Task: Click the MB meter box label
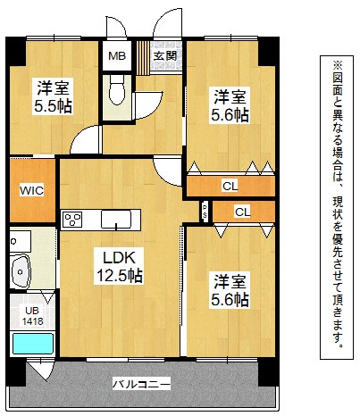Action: (117, 55)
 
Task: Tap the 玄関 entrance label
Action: (165, 55)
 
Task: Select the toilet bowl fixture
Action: (116, 89)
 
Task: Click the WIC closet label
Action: (32, 190)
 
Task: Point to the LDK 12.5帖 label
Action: (119, 267)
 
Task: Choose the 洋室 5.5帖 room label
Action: (53, 96)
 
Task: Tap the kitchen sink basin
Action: (116, 220)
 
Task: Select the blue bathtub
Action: (33, 344)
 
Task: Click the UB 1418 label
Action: (32, 316)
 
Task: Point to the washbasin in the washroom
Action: (21, 270)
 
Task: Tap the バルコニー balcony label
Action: (141, 384)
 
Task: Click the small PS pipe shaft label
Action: (205, 212)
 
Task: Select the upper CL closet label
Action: (230, 187)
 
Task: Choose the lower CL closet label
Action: (243, 212)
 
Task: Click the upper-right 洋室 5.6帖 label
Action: (230, 105)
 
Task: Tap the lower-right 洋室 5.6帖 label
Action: (230, 291)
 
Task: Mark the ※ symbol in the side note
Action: (338, 64)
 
